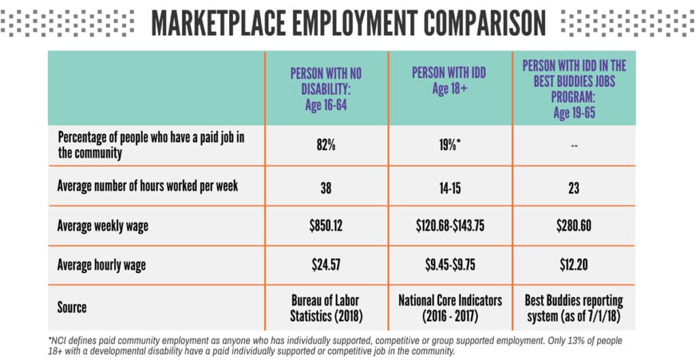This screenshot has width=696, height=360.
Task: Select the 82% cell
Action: point(326,144)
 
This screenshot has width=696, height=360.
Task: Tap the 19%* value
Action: point(450,144)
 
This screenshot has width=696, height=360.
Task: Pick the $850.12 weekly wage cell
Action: point(326,226)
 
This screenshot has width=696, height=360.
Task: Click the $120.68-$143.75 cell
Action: point(450,226)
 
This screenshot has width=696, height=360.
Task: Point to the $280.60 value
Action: point(574,226)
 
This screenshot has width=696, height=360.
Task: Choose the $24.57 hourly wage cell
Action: point(326,266)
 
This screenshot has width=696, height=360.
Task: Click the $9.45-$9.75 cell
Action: point(450,266)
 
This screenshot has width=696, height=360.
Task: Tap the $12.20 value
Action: point(574,266)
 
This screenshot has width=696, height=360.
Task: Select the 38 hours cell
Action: point(326,185)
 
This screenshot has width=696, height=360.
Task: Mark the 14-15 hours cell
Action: point(450,185)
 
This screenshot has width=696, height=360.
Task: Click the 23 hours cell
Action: point(574,185)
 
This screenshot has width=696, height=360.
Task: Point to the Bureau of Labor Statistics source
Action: point(326,307)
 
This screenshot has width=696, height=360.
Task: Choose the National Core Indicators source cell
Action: point(450,307)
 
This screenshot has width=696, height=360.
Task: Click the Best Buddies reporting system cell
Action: point(574,307)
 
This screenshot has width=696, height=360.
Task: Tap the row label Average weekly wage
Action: point(112,226)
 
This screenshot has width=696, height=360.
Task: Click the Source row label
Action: point(72,307)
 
